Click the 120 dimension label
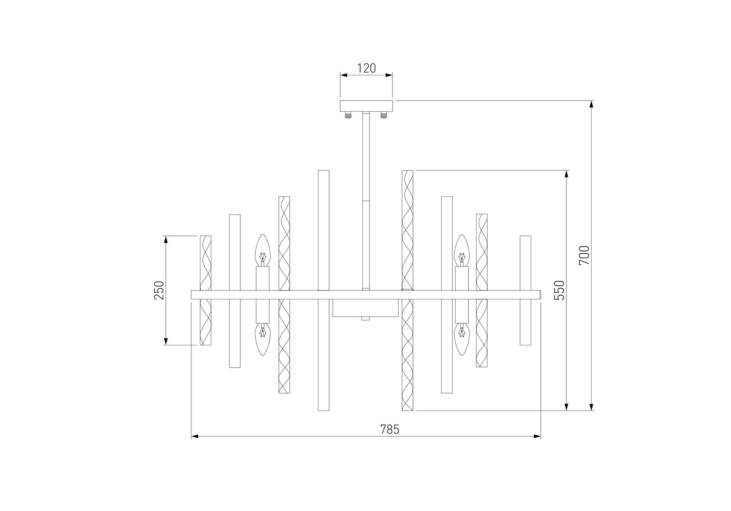point(366,68)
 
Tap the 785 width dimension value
point(390,430)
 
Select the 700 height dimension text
point(584,255)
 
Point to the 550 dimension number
point(559,290)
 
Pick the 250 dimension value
point(159,290)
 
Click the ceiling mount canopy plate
point(366,106)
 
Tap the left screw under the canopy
point(348,115)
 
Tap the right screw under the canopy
point(384,115)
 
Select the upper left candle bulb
point(263,250)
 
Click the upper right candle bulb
point(462,250)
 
